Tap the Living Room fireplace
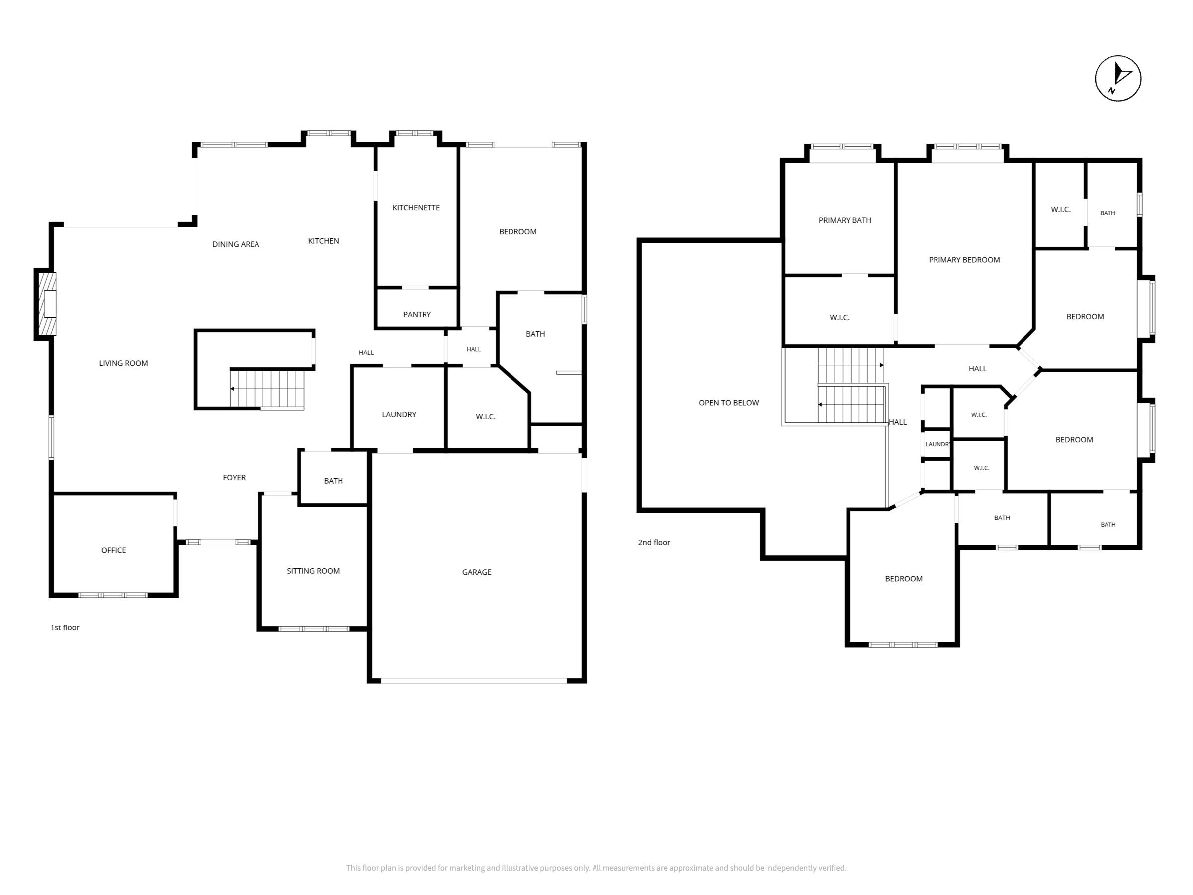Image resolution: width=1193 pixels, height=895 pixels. [x=46, y=304]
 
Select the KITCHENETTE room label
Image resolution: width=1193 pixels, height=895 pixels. [x=416, y=208]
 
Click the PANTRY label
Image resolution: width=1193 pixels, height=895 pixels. [x=417, y=315]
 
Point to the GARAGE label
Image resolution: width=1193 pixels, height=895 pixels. [x=477, y=572]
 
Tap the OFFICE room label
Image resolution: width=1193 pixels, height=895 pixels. [x=114, y=550]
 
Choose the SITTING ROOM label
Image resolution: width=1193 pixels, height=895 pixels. [x=313, y=571]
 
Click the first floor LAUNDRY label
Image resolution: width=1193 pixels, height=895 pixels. [x=399, y=414]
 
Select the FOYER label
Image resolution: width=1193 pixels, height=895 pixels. [x=234, y=477]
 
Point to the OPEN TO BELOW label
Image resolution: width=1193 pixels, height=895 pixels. [x=729, y=402]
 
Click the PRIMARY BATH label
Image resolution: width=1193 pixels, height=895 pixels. [x=845, y=220]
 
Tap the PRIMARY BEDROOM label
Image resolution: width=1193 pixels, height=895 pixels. [x=964, y=260]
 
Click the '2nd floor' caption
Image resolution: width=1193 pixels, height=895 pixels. [x=654, y=543]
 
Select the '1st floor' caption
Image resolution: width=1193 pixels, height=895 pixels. [x=65, y=627]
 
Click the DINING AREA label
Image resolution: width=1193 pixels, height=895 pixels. [x=236, y=244]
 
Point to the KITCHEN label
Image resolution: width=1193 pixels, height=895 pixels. [x=324, y=241]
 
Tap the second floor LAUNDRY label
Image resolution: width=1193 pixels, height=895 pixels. [x=938, y=444]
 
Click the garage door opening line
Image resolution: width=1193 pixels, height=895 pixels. [x=474, y=681]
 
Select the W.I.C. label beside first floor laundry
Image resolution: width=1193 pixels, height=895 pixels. [x=485, y=417]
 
